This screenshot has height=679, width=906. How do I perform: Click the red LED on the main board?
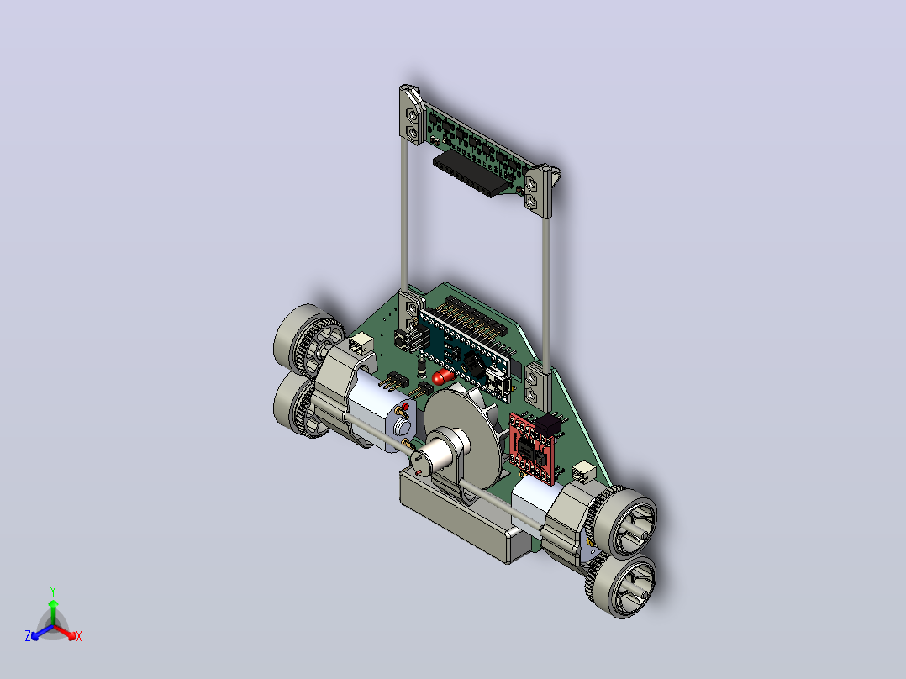(x=443, y=376)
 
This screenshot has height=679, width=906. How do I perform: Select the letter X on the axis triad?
(x=79, y=637)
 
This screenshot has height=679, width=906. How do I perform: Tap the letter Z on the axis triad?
(x=28, y=636)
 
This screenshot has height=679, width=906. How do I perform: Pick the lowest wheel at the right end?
(x=624, y=586)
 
